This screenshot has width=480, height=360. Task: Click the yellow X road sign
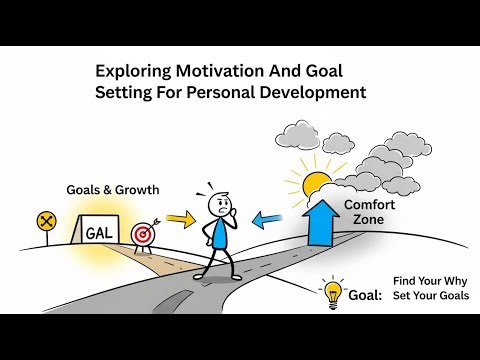45,221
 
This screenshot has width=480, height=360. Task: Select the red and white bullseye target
143,234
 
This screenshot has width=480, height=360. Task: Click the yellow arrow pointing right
180,217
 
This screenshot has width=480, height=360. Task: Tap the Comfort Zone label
369,212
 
